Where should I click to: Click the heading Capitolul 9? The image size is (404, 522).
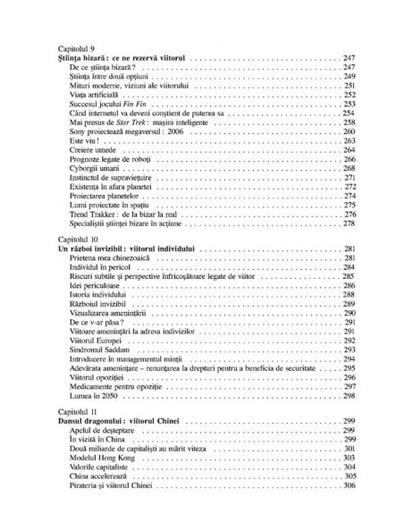point(73,48)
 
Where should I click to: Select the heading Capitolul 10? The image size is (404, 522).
point(75,242)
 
